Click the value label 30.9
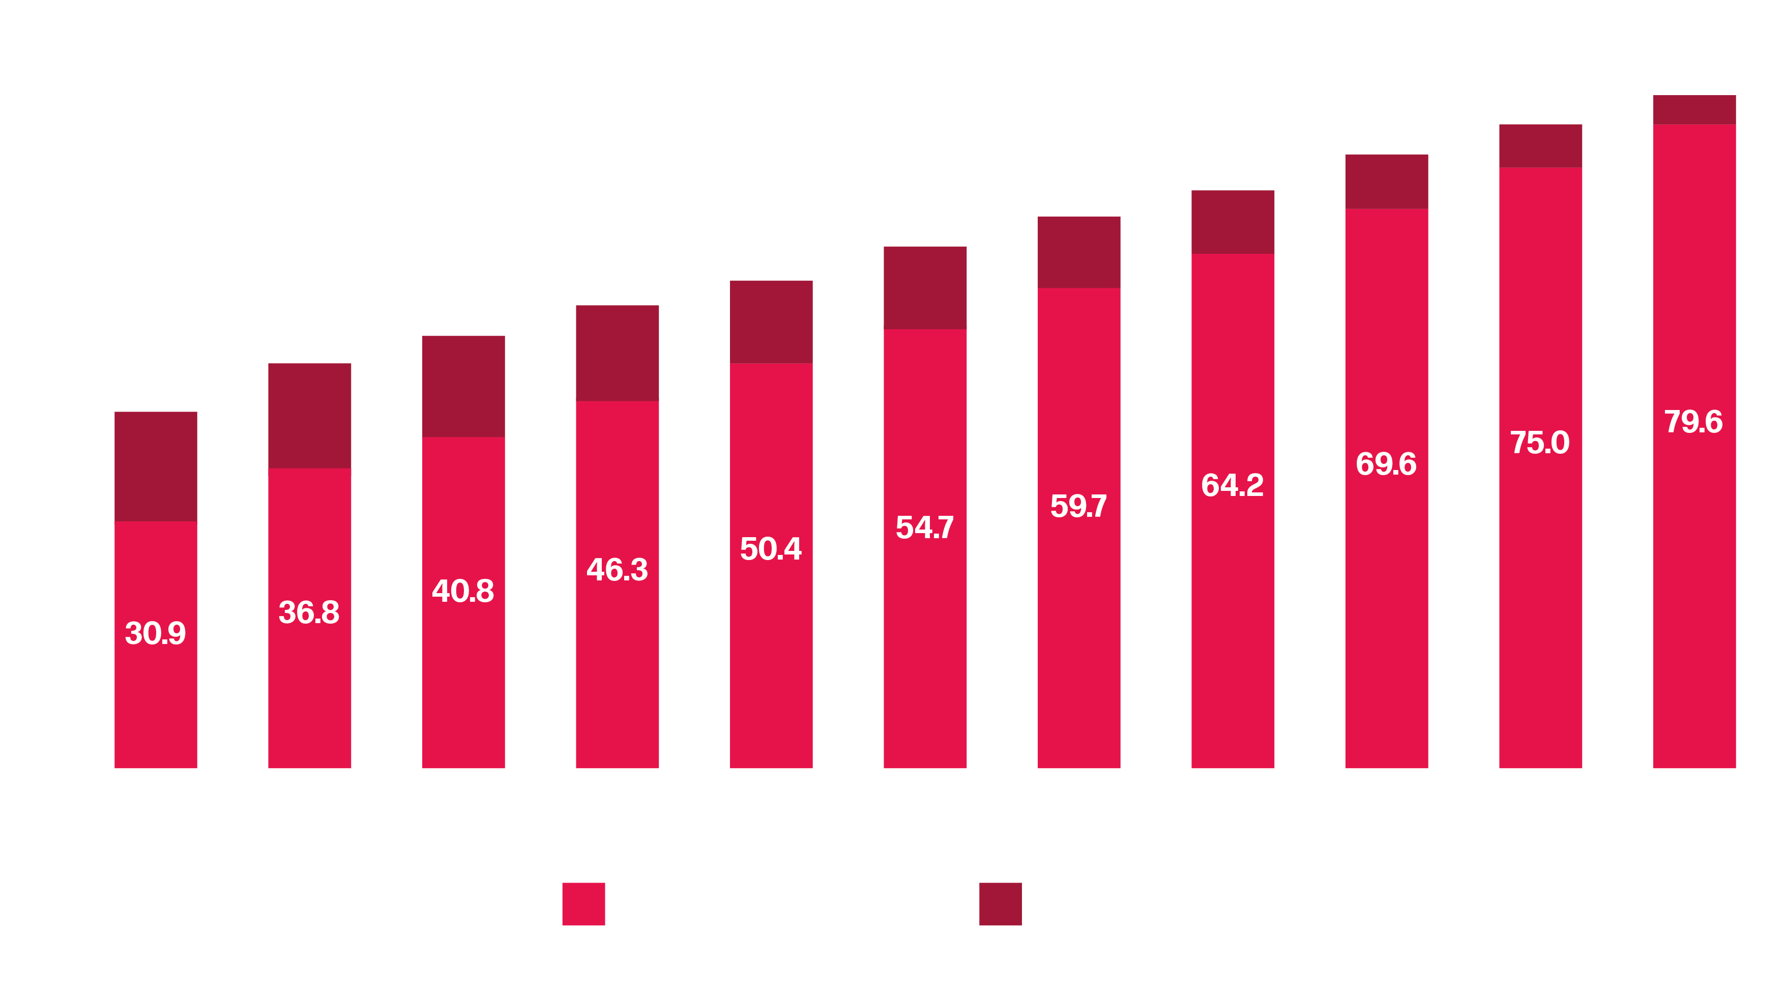tap(155, 633)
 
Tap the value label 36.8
tap(309, 612)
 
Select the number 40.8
tap(463, 591)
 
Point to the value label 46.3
tap(617, 570)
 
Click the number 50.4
tap(771, 548)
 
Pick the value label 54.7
tap(924, 528)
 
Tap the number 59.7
tap(1078, 506)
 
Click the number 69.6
tap(1386, 464)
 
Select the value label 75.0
tap(1540, 442)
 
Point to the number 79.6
tap(1693, 421)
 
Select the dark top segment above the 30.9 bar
tap(155, 466)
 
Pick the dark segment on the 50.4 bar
tap(771, 321)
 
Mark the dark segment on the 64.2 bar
tap(1232, 222)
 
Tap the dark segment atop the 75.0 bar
tap(1540, 145)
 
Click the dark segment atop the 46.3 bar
tap(617, 353)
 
